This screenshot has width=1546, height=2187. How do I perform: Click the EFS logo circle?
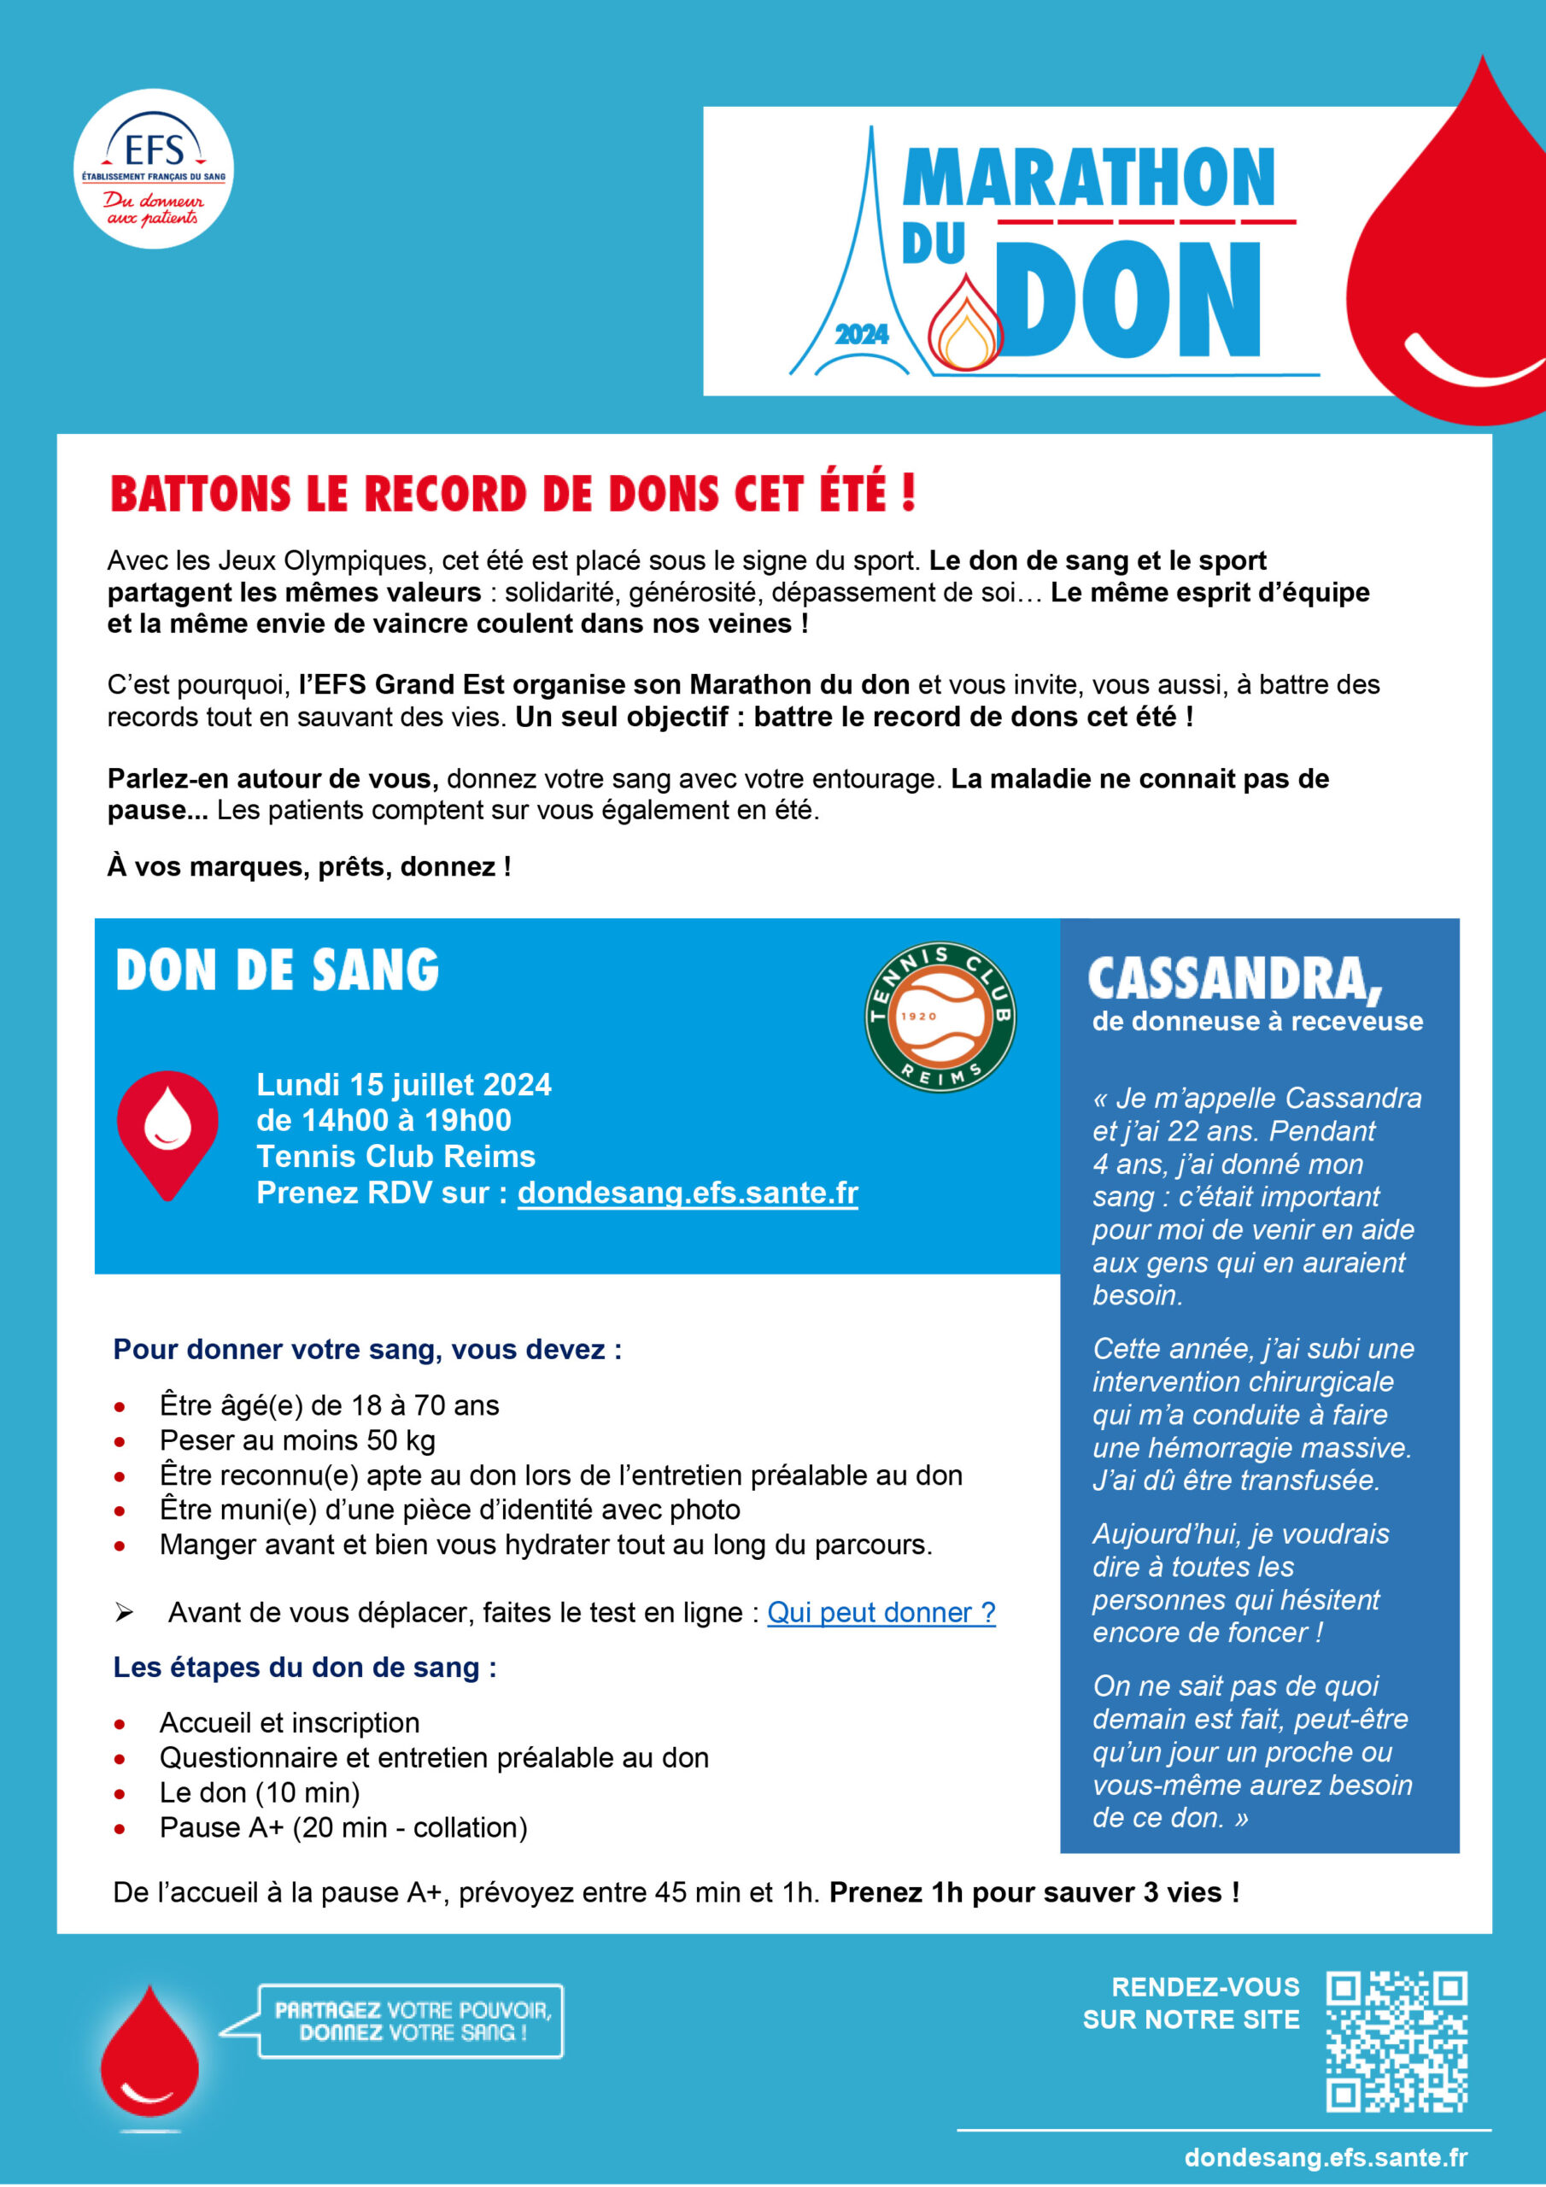pos(154,168)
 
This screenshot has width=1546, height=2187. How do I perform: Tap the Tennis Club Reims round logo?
pos(940,1017)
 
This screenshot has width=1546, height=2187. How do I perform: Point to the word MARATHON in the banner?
pos(1088,179)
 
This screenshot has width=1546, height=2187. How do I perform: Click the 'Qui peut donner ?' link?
pos(881,1612)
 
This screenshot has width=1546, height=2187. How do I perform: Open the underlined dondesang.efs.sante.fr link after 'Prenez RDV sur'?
pos(687,1193)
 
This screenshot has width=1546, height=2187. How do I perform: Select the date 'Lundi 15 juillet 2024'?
pos(404,1084)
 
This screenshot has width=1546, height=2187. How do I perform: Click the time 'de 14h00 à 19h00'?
pos(384,1120)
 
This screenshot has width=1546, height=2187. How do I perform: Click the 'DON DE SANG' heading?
pos(278,970)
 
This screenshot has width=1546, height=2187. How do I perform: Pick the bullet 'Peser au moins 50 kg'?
pos(297,1440)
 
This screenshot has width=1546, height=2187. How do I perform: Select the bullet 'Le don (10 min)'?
pos(259,1792)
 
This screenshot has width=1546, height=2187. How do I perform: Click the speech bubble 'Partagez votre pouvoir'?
pos(412,2021)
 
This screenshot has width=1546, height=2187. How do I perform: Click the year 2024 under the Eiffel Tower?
pos(861,334)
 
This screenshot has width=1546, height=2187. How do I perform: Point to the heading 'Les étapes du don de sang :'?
pos(305,1667)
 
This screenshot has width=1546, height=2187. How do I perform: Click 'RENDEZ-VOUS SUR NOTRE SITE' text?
pos(1191,2003)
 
